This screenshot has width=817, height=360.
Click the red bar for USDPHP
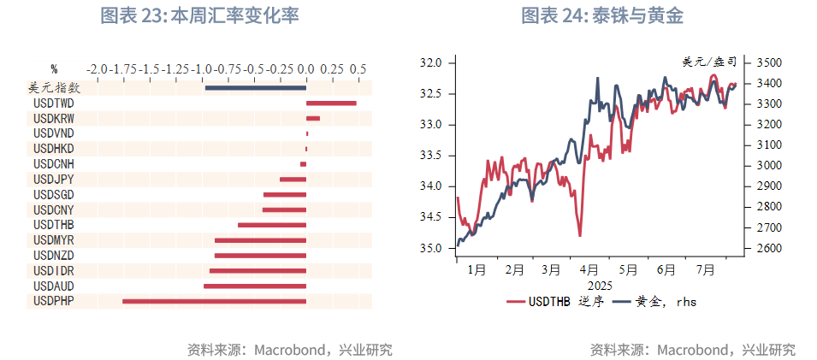[214, 301]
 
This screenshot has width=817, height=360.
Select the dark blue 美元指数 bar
[255, 87]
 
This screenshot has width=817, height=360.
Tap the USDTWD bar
[331, 103]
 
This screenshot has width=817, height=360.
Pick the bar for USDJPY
[293, 179]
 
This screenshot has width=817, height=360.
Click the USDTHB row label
[52, 225]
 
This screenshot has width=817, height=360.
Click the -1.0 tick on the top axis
[202, 68]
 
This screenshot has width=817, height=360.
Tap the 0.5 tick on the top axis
[358, 68]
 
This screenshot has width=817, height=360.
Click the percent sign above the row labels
[54, 68]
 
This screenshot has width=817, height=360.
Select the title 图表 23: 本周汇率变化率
[199, 16]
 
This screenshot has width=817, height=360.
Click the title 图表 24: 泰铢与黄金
[602, 16]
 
